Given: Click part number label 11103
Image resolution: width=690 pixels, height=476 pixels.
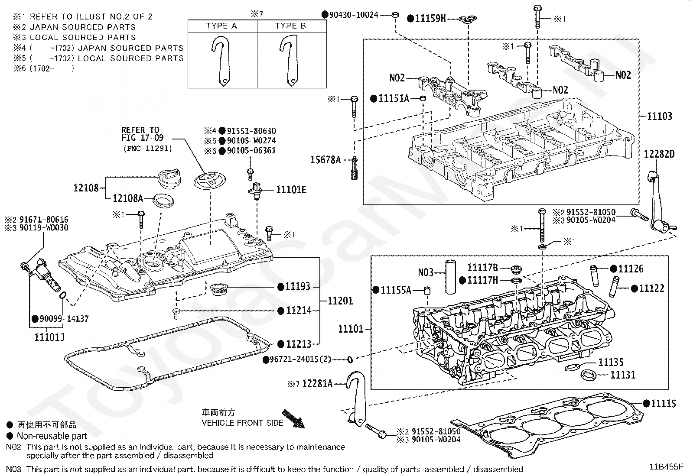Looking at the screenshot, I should coord(660,116).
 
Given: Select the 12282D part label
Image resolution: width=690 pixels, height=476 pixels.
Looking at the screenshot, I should coord(659,154).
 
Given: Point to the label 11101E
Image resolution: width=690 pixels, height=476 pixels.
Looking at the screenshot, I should coord(291,189).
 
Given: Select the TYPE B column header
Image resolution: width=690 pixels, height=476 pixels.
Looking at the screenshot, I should coord(290,26).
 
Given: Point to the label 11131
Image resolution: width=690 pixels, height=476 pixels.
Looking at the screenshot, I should coord(623,375).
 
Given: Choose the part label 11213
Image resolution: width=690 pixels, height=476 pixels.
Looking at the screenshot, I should coord(299,344).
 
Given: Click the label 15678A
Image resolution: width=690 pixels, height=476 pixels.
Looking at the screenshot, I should coord(325,160).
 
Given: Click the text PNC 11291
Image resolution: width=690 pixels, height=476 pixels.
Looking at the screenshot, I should coord(147,149).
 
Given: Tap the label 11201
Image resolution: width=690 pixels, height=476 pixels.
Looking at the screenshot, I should coord(340,301).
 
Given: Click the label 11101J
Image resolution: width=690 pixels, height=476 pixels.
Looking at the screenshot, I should coord(50,336).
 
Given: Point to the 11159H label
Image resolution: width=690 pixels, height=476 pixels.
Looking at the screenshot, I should coord(430,18).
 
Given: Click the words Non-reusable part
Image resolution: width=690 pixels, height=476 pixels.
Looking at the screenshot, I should coord(52,436).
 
